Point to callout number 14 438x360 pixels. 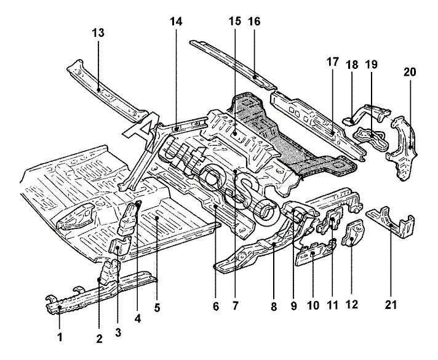click(x=177, y=21)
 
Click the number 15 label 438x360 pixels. click(x=235, y=21)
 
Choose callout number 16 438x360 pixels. click(x=255, y=21)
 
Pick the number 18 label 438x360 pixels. click(x=352, y=65)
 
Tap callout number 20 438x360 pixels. click(x=410, y=72)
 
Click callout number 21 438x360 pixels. click(x=392, y=304)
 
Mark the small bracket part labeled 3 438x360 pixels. click(x=117, y=248)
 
